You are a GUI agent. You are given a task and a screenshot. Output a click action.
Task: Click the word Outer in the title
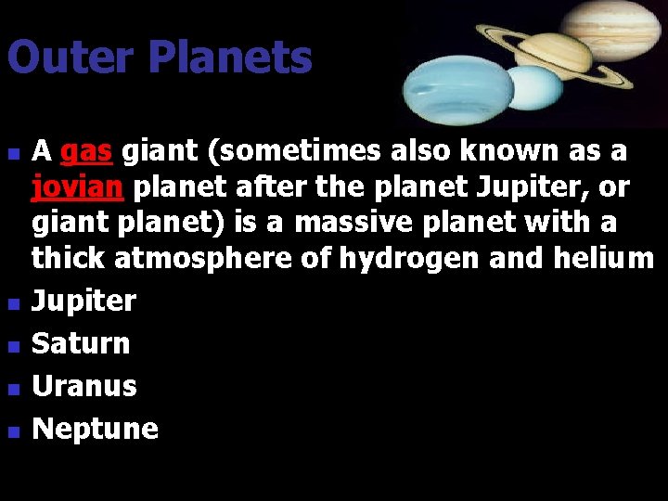coord(70,58)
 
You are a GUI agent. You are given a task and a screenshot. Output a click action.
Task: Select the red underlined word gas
coord(85,150)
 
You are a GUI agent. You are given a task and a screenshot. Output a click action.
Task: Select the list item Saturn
coord(81,343)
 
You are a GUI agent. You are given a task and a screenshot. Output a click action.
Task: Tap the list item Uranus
coord(84,386)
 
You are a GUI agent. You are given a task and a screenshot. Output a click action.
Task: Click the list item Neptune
coord(95,429)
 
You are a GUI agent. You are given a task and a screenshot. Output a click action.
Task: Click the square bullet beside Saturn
coord(11,346)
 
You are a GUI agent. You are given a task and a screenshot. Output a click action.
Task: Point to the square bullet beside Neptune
coord(11,431)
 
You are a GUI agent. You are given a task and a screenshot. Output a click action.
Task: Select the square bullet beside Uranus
coord(11,389)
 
